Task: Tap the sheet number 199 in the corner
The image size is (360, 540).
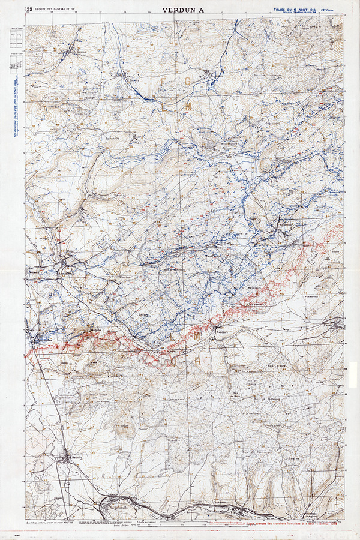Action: tap(28, 8)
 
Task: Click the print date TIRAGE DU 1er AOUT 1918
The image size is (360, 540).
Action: tap(297, 10)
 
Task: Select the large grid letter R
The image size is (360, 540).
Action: tap(197, 361)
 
